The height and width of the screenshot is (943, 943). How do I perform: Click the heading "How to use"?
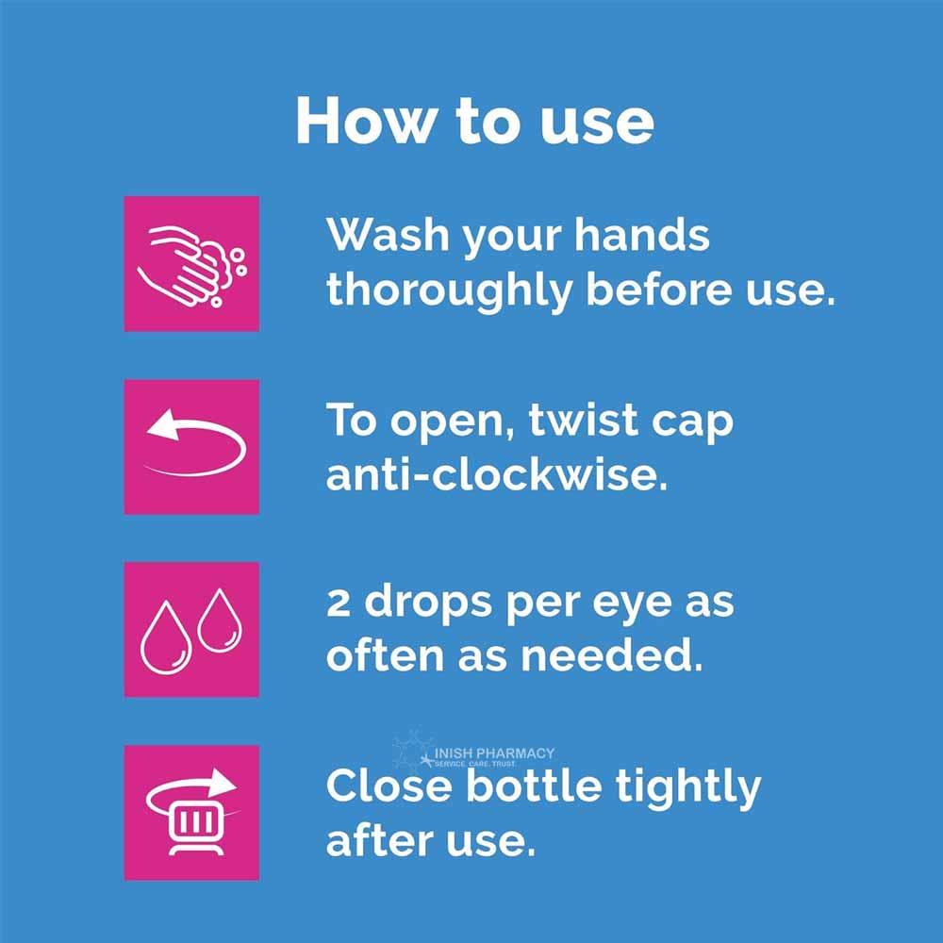[x=474, y=120]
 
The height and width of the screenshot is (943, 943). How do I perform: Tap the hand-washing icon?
[x=191, y=264]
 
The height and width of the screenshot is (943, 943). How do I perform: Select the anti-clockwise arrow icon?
[x=191, y=447]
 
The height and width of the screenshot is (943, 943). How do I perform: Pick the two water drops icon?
[x=191, y=629]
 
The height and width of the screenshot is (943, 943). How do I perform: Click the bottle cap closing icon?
[x=191, y=812]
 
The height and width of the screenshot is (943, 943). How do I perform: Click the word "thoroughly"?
[x=449, y=290]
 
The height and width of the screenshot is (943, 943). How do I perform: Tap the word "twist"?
[x=576, y=420]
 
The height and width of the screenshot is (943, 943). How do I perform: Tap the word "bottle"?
[x=538, y=786]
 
